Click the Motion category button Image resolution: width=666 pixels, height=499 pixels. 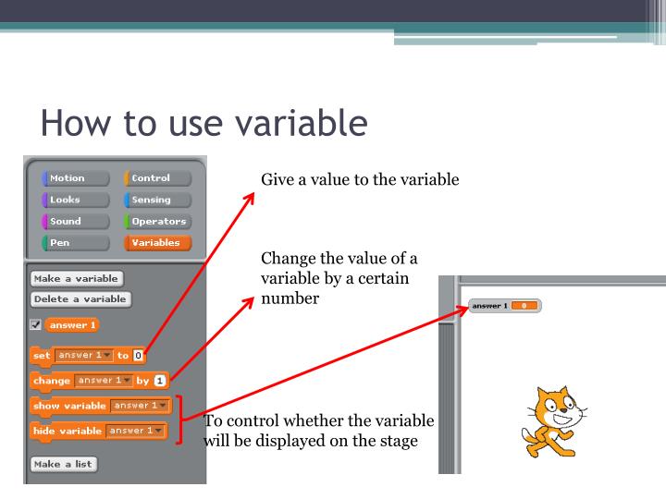75,178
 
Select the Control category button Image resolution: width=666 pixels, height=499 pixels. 157,178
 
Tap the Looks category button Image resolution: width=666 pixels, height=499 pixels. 75,200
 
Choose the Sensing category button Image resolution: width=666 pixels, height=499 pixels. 157,200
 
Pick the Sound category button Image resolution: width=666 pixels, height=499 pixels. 75,221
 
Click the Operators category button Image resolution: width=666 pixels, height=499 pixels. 157,221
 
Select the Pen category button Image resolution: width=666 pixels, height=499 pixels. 75,243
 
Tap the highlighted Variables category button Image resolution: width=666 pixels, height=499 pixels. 157,243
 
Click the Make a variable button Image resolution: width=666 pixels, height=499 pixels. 77,278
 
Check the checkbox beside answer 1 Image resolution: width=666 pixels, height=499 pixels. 35,324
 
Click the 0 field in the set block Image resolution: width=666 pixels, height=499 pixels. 138,354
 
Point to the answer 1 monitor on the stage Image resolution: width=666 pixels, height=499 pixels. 505,306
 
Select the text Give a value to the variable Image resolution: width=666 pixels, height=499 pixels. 360,179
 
